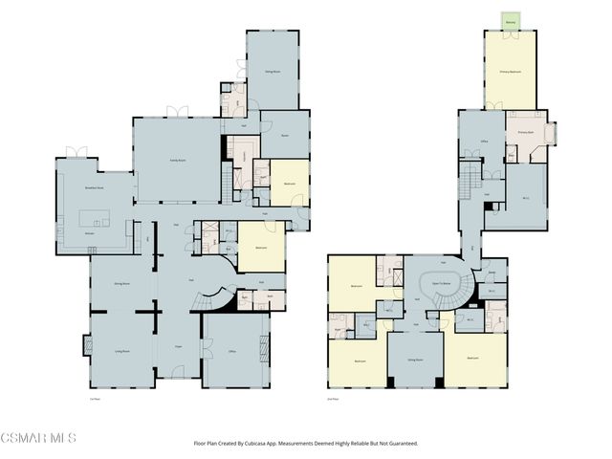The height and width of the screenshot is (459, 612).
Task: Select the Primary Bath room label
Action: point(526,132)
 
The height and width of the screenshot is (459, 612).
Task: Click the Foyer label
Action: point(178,346)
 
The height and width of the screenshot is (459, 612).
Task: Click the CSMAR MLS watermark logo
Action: point(38,438)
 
